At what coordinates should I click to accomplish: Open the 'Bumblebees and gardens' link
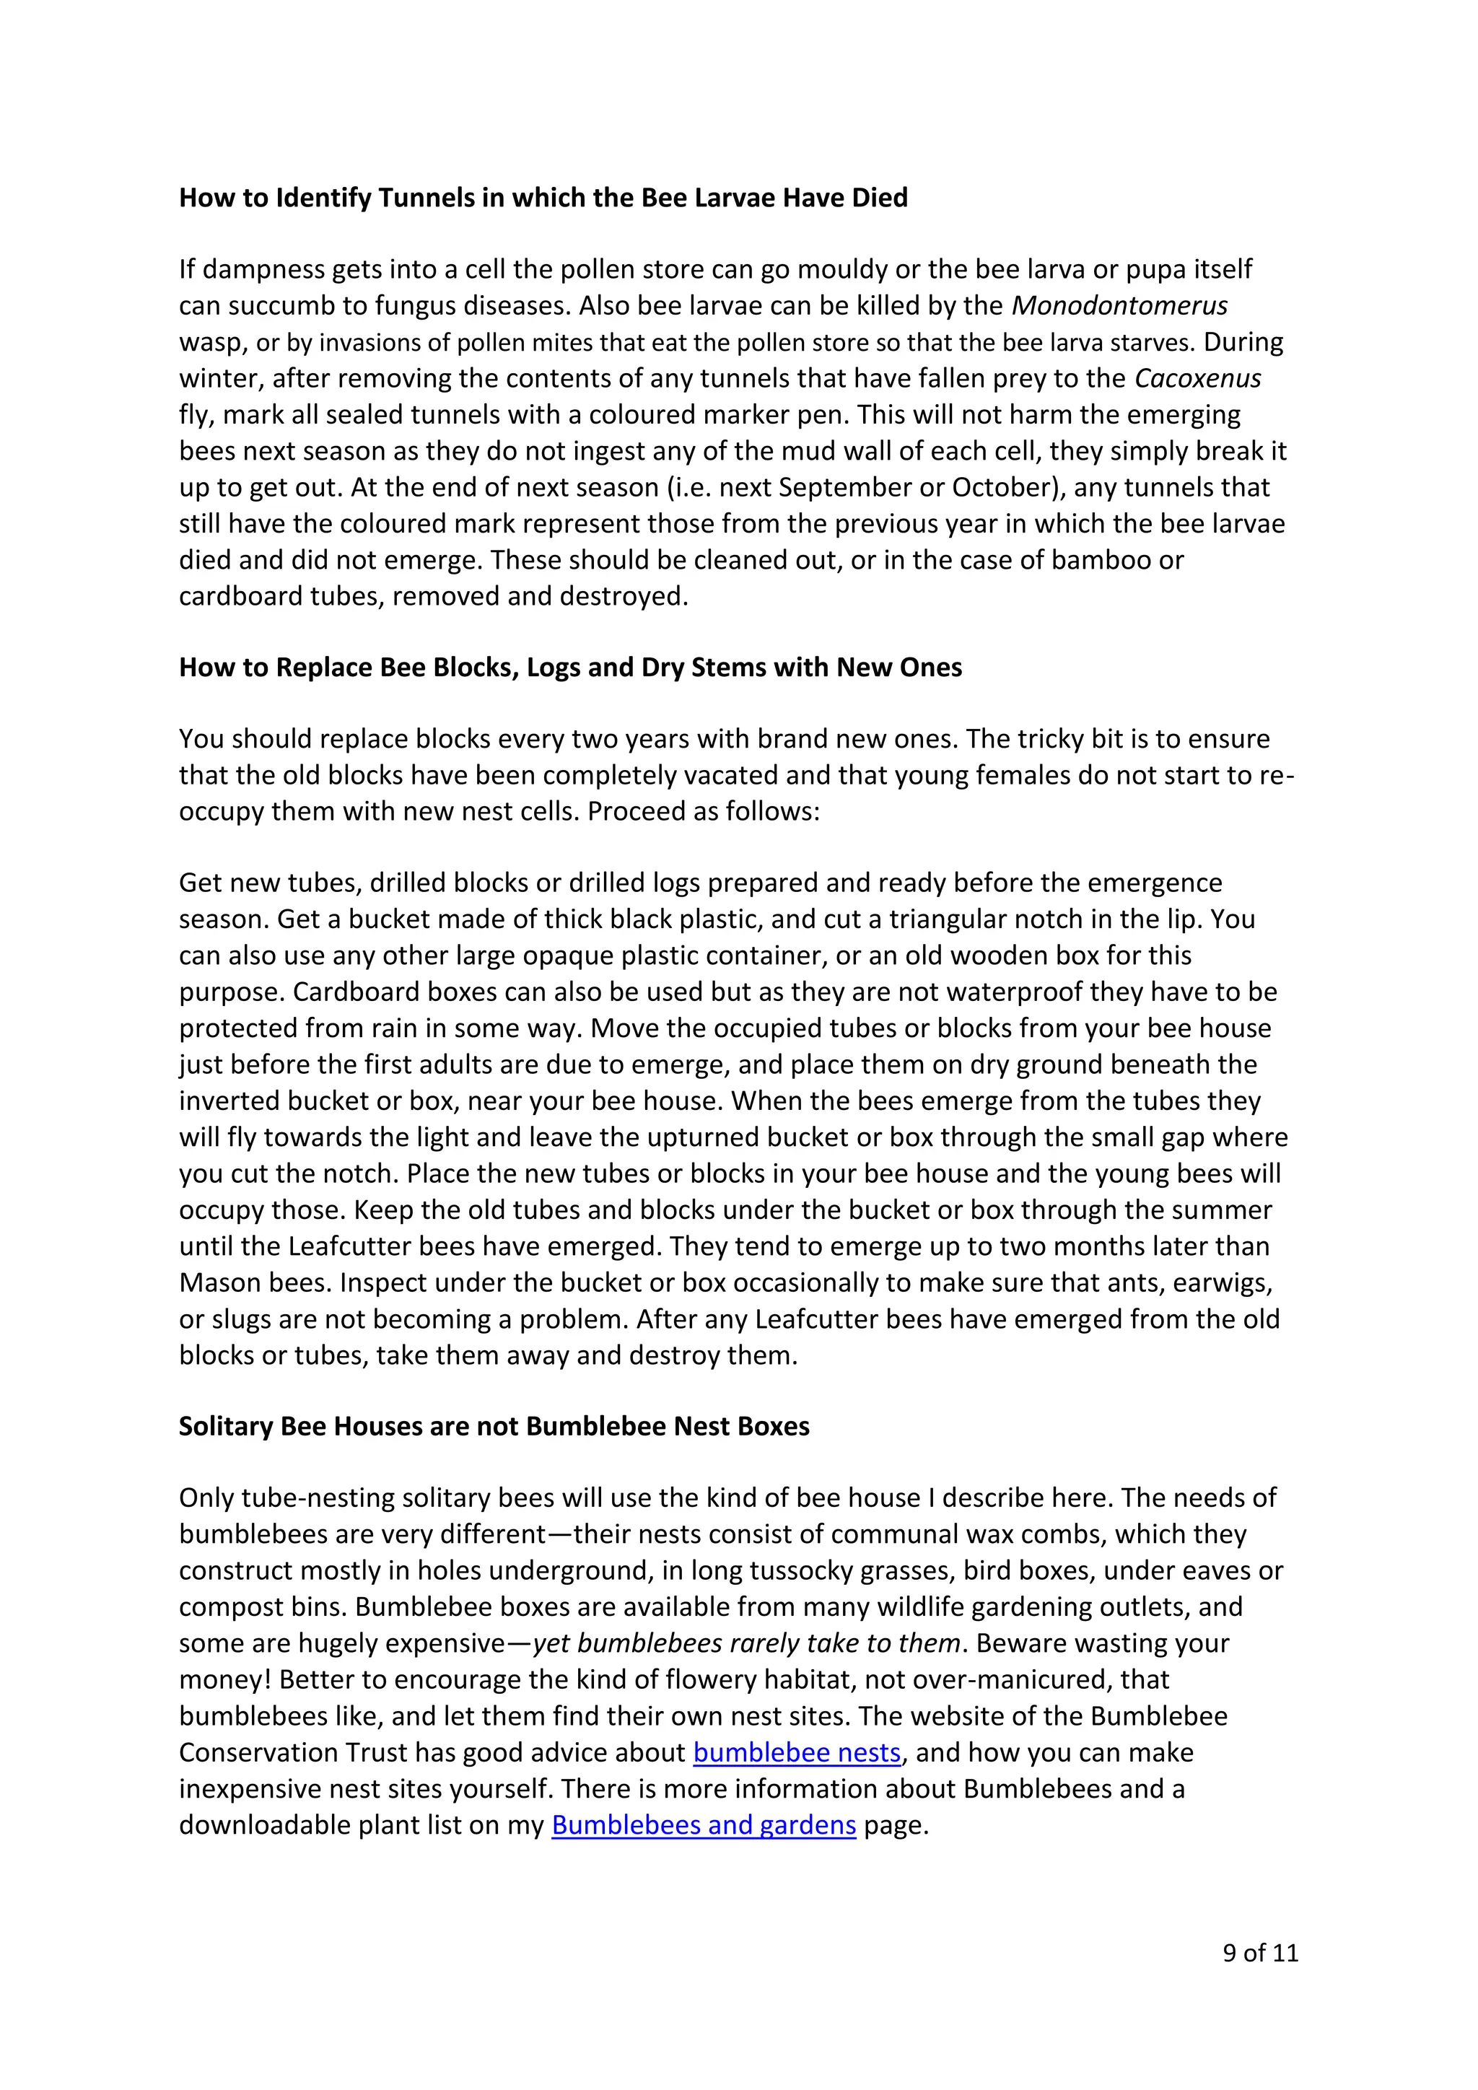pyautogui.click(x=704, y=1825)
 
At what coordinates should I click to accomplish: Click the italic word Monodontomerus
pyautogui.click(x=1119, y=305)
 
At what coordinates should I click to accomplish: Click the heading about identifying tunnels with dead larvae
pyautogui.click(x=543, y=198)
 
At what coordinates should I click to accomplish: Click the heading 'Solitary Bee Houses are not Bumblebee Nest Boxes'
pyautogui.click(x=494, y=1426)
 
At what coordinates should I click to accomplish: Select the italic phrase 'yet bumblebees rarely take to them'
pyautogui.click(x=746, y=1643)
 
